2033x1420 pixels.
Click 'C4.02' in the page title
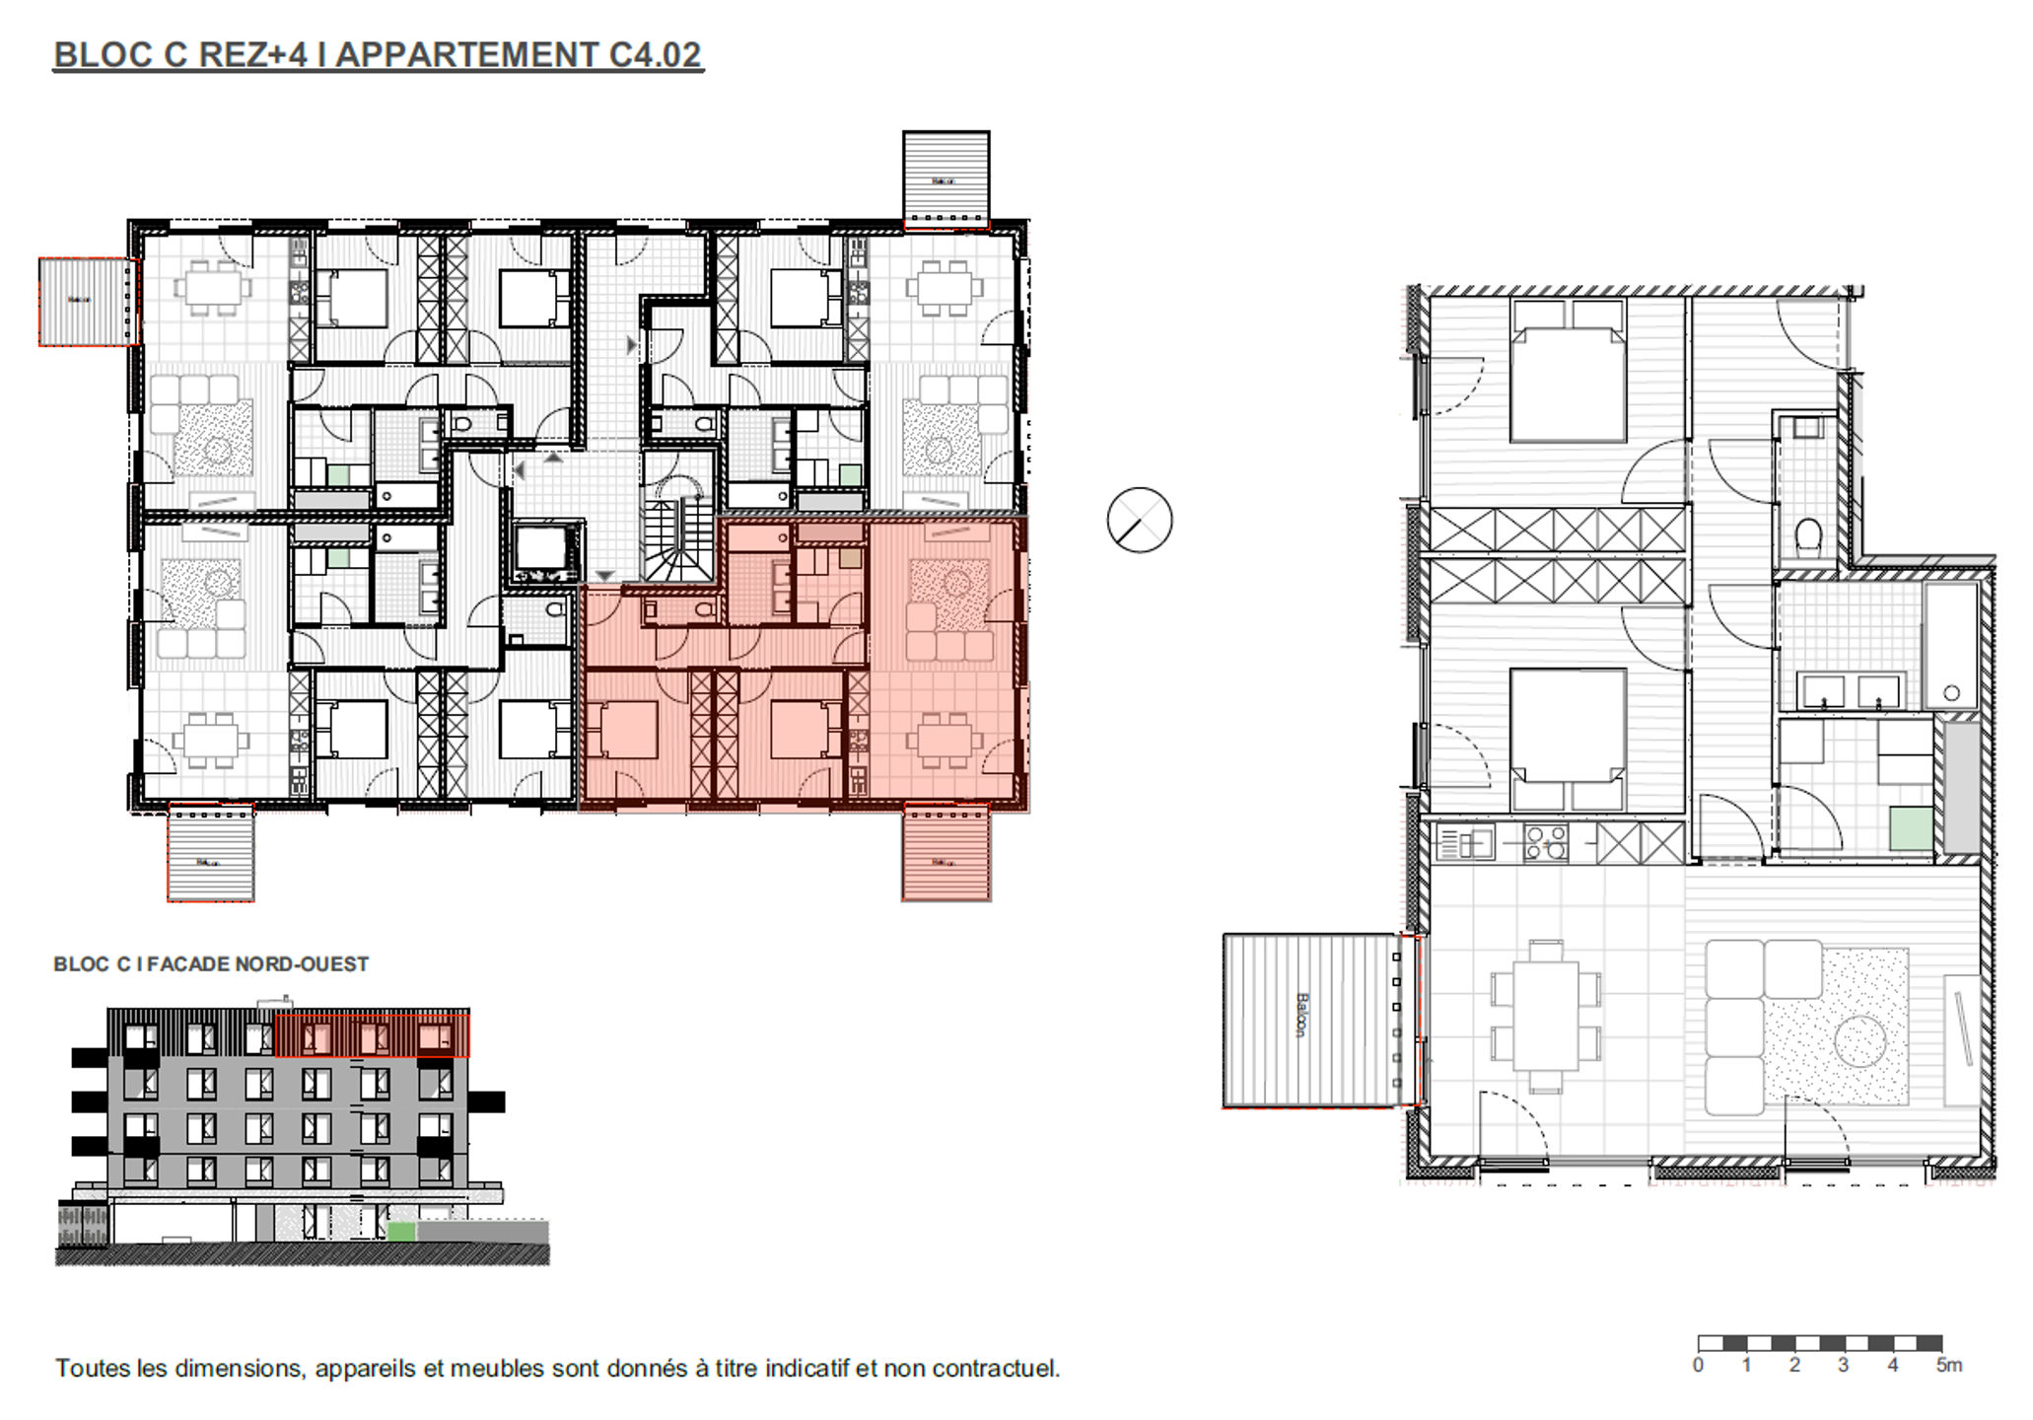[x=655, y=54]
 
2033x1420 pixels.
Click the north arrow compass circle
[x=1139, y=520]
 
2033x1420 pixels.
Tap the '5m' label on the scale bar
[x=1948, y=1366]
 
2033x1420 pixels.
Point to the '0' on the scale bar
[x=1698, y=1366]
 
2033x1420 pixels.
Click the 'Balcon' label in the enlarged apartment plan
[x=1301, y=1016]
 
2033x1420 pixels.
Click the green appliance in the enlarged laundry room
[x=1911, y=828]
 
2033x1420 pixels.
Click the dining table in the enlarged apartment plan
[x=1546, y=1016]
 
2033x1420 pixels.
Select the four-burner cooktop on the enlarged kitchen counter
[x=1545, y=844]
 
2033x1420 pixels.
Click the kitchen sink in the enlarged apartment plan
[x=1466, y=844]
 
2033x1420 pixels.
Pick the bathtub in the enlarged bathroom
[x=1951, y=646]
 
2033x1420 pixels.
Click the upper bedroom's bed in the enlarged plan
[x=1568, y=373]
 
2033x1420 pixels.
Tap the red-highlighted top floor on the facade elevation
[x=372, y=1035]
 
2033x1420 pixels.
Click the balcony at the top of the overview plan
[x=946, y=177]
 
